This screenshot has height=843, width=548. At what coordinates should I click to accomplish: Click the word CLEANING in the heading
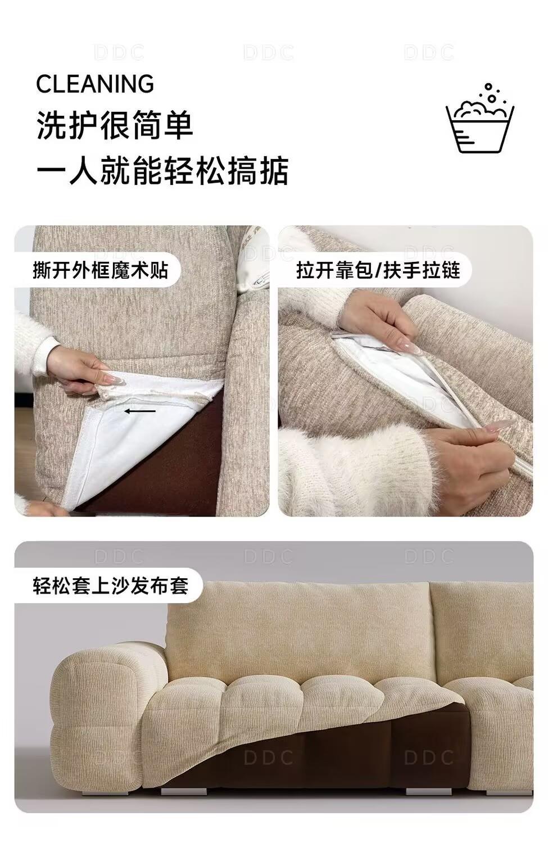click(x=95, y=84)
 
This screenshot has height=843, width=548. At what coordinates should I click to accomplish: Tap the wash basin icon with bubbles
click(x=480, y=118)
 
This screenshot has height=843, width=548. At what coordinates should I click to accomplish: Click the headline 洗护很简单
click(x=115, y=125)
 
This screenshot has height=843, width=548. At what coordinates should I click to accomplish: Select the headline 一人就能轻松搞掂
click(x=162, y=170)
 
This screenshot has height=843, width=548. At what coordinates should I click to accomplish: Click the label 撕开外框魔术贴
click(x=100, y=270)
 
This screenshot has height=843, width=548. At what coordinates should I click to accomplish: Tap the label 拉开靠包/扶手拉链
click(x=378, y=270)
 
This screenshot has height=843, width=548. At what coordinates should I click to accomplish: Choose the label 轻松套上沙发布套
click(x=110, y=586)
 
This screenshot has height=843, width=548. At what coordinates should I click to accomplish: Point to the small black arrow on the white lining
click(x=140, y=411)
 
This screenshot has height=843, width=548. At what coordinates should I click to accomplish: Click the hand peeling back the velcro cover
click(x=81, y=371)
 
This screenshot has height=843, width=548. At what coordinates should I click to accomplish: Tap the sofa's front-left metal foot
click(x=184, y=791)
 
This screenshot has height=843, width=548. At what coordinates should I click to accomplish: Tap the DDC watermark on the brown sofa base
click(x=268, y=758)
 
